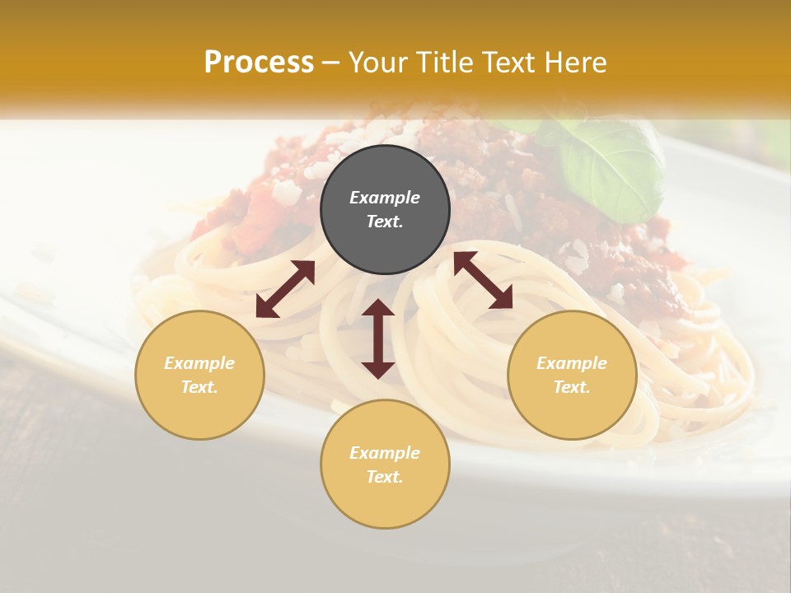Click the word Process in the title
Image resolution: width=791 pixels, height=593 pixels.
point(259,63)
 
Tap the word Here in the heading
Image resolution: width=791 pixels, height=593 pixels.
point(576,63)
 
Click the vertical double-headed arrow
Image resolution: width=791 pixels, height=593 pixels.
point(378,339)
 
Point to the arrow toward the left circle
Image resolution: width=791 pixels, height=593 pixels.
point(285,289)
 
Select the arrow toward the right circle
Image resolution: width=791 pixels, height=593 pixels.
point(484,280)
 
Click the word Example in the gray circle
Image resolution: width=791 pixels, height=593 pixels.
point(385,198)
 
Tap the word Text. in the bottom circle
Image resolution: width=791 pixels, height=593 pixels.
point(385,477)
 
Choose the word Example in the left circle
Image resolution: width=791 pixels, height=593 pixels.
point(199,363)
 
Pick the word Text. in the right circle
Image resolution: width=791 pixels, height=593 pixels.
point(572,387)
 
